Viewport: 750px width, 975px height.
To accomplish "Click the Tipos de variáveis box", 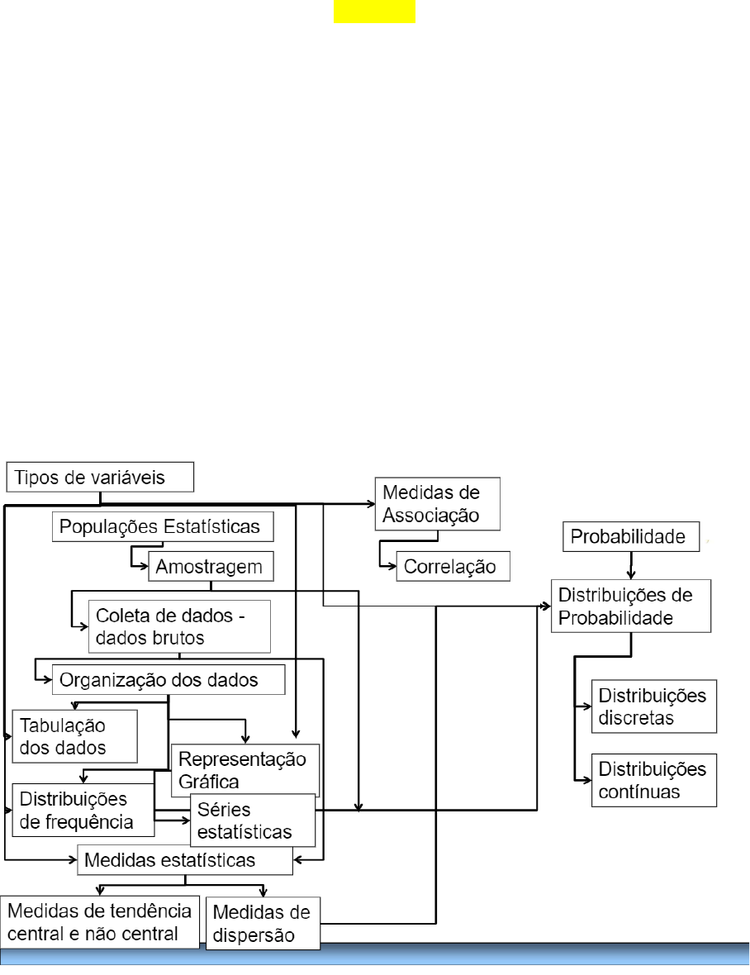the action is [100, 477].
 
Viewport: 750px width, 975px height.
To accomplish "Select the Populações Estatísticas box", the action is [163, 526].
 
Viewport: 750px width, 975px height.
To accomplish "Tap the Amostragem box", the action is [211, 567].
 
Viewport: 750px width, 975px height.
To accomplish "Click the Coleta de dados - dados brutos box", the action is [179, 627].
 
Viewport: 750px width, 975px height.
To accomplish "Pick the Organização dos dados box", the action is [169, 680].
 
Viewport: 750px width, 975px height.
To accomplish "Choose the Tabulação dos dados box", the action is [74, 736].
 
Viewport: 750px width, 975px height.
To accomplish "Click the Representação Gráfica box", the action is [245, 770].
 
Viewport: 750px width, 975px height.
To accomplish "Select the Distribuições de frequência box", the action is [83, 811].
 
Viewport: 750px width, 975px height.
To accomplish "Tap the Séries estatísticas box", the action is [253, 820].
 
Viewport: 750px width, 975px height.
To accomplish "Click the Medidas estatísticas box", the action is [185, 860].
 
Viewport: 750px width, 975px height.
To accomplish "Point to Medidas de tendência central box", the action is [100, 922].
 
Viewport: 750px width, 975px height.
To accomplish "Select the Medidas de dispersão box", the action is [263, 924].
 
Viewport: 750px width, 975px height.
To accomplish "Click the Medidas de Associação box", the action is [438, 504].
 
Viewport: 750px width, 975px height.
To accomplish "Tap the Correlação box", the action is [453, 567].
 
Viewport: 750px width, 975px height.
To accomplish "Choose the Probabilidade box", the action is [631, 536].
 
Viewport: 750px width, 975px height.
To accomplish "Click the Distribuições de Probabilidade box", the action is [631, 606].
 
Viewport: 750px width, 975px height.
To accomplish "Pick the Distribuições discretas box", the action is [654, 706].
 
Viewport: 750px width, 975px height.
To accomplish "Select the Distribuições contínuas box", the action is [654, 780].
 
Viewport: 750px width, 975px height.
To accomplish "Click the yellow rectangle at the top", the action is [375, 12].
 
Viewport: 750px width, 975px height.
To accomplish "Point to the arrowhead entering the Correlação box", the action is [392, 567].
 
